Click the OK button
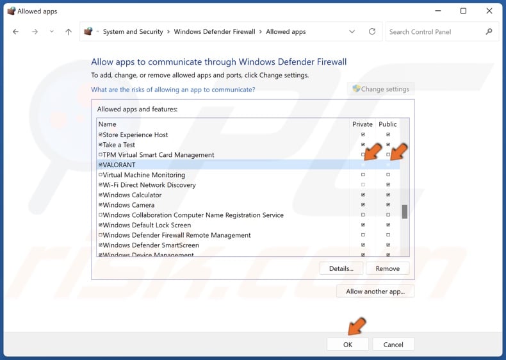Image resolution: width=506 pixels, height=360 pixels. (x=347, y=344)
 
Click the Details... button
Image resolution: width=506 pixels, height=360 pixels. (x=341, y=268)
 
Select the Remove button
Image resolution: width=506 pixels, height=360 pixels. (x=388, y=268)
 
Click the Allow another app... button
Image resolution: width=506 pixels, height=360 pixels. (x=375, y=291)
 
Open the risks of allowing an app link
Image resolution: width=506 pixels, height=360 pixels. (x=173, y=90)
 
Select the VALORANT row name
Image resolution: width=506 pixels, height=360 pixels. (x=119, y=165)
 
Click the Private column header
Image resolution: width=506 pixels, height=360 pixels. (x=363, y=124)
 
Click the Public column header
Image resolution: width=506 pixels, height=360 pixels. (x=388, y=124)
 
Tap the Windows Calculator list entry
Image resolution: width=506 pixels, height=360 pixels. (x=132, y=195)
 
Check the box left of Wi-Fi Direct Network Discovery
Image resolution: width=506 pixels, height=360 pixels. (x=101, y=185)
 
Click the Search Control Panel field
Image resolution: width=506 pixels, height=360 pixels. (x=436, y=31)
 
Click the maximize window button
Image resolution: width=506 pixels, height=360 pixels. (x=463, y=11)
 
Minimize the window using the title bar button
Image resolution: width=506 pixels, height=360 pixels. (x=438, y=11)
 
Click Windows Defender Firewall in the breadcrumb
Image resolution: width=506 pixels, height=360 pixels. (x=214, y=31)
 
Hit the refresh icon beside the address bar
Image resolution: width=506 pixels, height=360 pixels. (x=371, y=31)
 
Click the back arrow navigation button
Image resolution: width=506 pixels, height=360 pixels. (x=15, y=31)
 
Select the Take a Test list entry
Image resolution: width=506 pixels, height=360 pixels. (x=118, y=145)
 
